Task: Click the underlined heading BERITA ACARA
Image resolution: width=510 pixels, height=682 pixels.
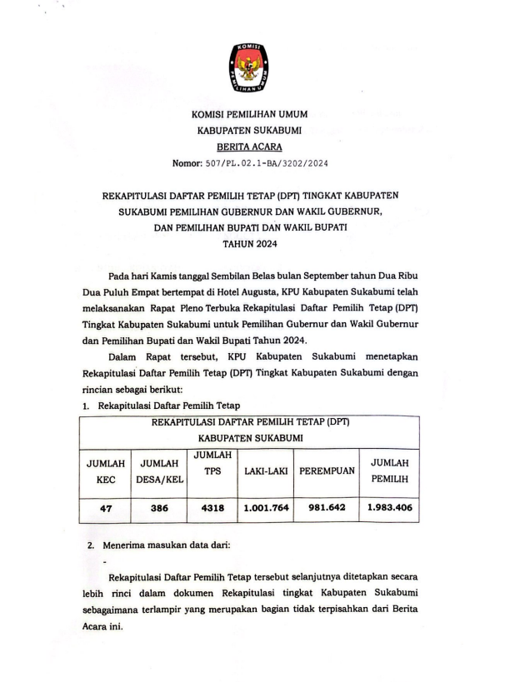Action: point(254,146)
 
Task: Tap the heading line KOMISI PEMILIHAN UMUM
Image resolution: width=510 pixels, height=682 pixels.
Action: point(255,114)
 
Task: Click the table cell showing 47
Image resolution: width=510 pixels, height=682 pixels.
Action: point(105,506)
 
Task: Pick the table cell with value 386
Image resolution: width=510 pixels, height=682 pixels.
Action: point(162,506)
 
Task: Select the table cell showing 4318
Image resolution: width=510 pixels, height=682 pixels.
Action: point(214,506)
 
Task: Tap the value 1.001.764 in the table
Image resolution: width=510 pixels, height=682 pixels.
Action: point(266,506)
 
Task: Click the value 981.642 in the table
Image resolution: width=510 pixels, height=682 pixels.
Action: point(327,506)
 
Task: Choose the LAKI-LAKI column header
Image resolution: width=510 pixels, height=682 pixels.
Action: point(266,472)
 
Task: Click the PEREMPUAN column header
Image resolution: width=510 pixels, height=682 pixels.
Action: point(327,472)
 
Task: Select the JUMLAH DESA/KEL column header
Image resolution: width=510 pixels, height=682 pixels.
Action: point(162,471)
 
